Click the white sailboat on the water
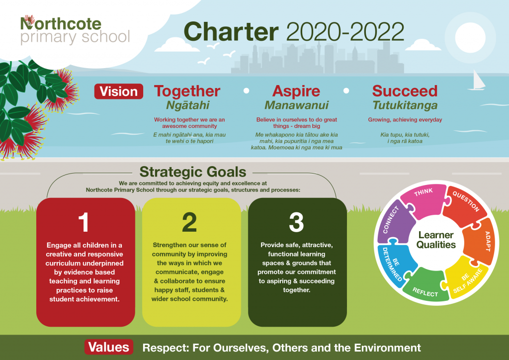[477, 81]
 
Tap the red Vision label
[118, 91]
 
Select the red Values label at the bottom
[109, 347]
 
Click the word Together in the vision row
[187, 91]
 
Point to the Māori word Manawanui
[296, 105]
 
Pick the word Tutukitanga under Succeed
[405, 105]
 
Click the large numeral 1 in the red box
[84, 222]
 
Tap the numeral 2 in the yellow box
[189, 222]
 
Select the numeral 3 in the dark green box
[296, 222]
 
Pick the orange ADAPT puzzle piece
[479, 241]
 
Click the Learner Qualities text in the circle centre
[436, 240]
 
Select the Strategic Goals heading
[193, 172]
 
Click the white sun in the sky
[470, 37]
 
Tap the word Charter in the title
[231, 31]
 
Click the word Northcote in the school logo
[61, 24]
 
